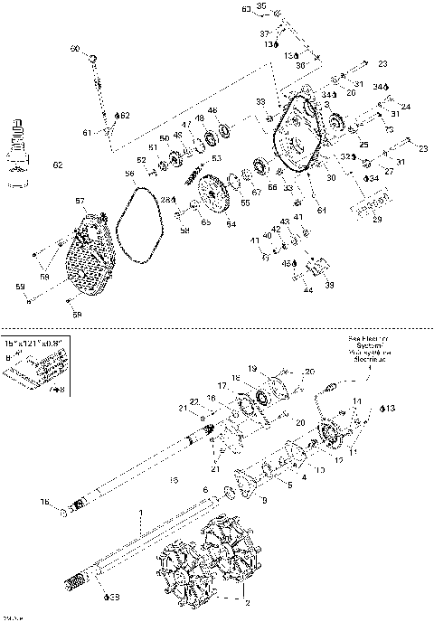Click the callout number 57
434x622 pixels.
point(80,201)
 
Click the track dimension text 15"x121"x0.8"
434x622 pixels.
point(35,344)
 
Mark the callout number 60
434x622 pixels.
point(75,49)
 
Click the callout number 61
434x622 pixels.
point(88,133)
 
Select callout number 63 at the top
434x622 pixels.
point(246,9)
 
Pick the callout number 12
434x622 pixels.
point(339,460)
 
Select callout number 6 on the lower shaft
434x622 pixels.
point(205,488)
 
